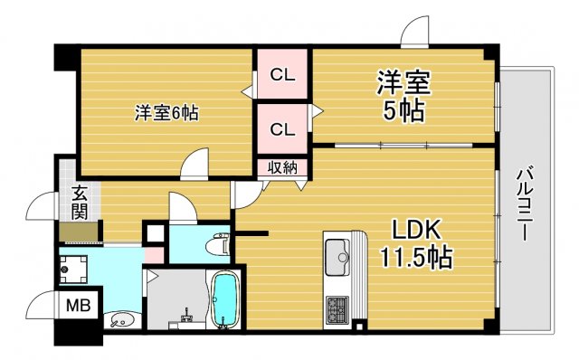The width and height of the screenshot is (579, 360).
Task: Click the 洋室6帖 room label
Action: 166,113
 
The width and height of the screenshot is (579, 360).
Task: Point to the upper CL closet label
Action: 282,75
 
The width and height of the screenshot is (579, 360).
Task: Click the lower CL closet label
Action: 282,129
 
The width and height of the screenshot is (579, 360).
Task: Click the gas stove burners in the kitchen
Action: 338,310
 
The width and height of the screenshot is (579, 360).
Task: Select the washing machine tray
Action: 74,269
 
